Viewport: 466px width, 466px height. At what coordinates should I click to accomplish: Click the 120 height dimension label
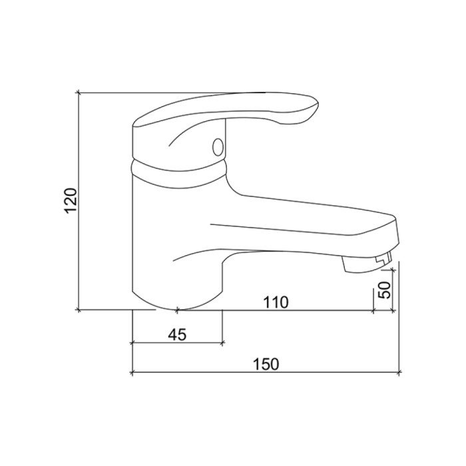71,200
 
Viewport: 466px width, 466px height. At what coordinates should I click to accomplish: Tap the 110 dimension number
276,302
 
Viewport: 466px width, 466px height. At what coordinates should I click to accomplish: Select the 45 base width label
177,335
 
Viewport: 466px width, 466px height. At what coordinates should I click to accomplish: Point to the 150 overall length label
266,364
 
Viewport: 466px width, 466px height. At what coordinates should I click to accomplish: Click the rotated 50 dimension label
384,290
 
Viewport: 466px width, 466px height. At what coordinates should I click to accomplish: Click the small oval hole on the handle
218,147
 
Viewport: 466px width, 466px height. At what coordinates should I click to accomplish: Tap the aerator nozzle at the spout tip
367,262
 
